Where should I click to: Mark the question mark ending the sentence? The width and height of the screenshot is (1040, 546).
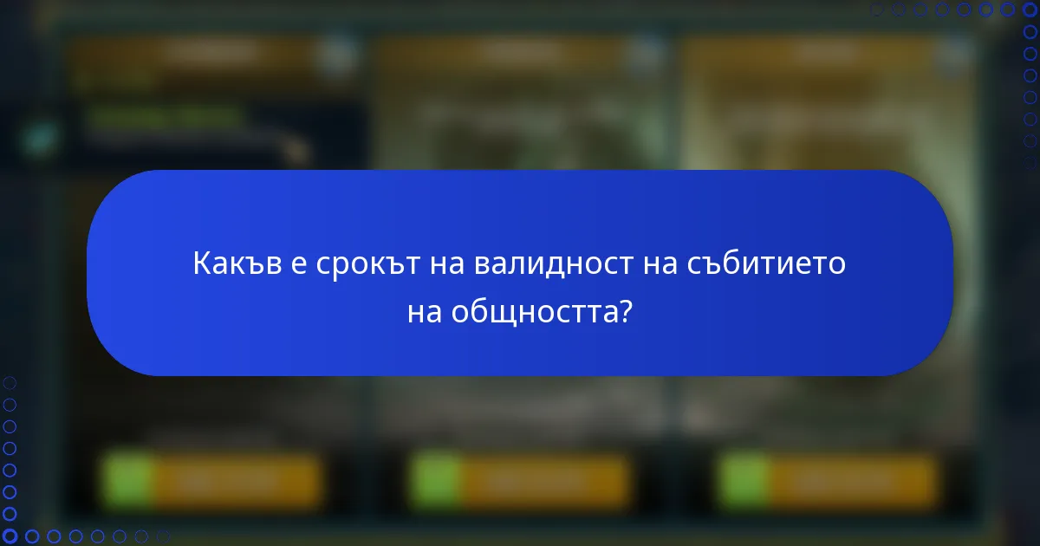point(624,311)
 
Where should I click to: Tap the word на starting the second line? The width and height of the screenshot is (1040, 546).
point(425,311)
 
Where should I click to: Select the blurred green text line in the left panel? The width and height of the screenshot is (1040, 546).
point(165,118)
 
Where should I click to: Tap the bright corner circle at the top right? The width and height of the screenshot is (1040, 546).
point(1030,10)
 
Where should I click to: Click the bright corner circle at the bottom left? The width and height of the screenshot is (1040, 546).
point(10,536)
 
